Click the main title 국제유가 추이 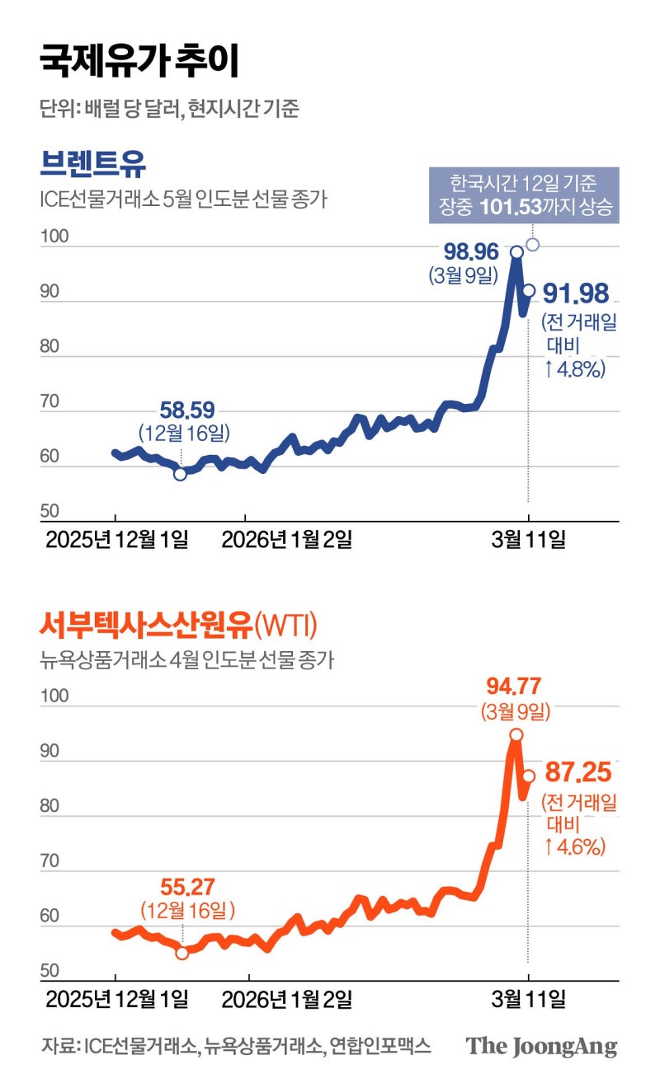140,63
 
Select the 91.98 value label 575,293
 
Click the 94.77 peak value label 516,686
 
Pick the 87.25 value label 577,775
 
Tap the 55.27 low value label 187,888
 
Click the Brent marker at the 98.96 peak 516,252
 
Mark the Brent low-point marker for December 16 180,474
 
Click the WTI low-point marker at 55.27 181,953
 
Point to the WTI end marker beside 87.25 529,776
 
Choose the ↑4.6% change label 575,846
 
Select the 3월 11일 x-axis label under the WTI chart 528,1000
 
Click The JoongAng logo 541,1046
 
